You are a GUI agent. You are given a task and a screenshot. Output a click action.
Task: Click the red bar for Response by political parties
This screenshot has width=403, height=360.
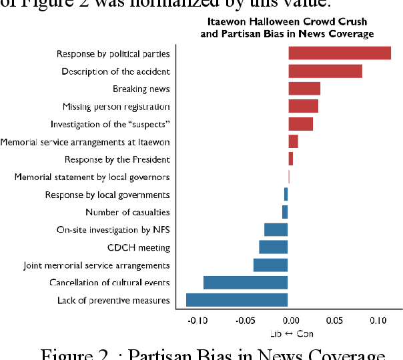(339, 53)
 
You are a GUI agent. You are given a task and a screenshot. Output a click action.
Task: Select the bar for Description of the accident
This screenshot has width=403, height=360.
(325, 71)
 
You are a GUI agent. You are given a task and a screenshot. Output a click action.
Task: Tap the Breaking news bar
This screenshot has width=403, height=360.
(304, 89)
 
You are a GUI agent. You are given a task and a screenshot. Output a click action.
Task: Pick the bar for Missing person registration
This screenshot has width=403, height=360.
(303, 107)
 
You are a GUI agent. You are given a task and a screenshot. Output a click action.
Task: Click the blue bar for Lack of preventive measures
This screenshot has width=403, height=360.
(237, 300)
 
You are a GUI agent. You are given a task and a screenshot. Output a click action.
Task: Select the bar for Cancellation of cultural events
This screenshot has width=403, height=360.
(246, 283)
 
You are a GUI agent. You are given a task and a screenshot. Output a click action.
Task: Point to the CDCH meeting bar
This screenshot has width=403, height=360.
(274, 247)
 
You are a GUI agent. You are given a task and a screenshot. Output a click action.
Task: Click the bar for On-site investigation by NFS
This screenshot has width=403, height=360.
(276, 230)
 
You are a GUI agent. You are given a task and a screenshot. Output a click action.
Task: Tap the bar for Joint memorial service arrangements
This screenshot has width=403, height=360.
(270, 265)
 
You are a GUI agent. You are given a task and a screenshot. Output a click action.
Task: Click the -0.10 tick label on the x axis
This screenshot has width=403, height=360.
(198, 321)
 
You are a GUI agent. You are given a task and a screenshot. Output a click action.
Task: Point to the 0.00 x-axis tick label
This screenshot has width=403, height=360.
(288, 321)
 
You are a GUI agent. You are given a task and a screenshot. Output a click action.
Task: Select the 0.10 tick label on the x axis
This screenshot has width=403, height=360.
(378, 321)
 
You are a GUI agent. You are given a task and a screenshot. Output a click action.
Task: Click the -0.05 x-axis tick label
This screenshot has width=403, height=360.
(243, 321)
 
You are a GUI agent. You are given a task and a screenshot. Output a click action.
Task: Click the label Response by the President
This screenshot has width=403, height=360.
(117, 159)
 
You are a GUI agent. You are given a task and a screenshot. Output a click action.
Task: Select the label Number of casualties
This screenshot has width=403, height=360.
(127, 213)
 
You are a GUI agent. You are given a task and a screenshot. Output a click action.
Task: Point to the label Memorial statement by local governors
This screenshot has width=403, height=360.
(92, 177)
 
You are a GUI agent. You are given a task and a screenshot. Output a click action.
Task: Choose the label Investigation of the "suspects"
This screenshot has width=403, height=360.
(110, 124)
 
